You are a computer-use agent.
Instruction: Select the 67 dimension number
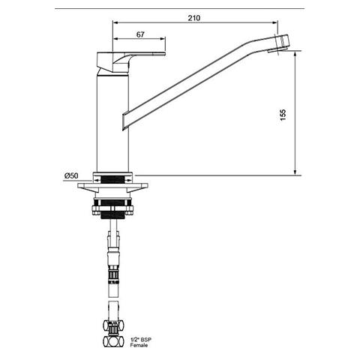[139, 34]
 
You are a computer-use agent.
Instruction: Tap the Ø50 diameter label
[70, 175]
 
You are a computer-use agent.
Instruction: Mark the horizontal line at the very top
[180, 7]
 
